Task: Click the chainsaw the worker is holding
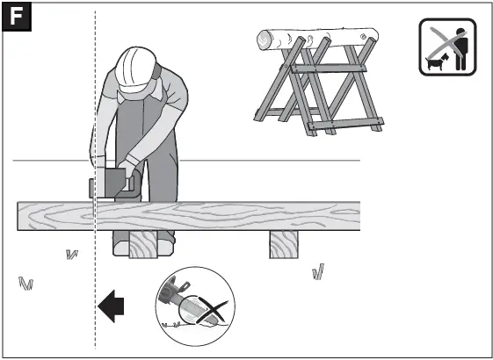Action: point(114,184)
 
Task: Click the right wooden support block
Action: point(286,245)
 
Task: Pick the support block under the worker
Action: point(143,245)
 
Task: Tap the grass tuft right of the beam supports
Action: point(318,272)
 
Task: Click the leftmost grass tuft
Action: point(25,284)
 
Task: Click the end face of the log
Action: point(264,39)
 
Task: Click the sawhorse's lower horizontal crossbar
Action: point(347,124)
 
